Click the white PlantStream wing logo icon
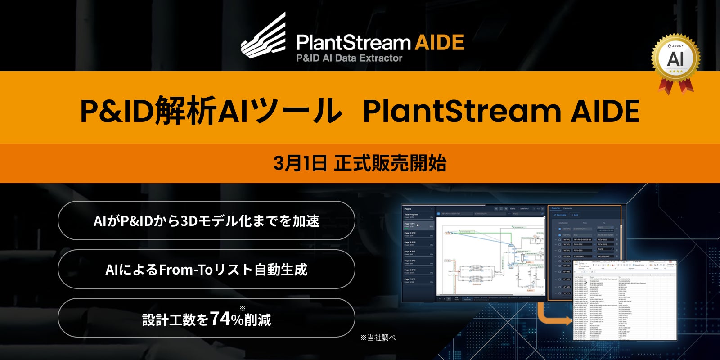pyautogui.click(x=265, y=37)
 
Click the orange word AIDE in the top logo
pyautogui.click(x=439, y=43)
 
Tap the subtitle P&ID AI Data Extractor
pyautogui.click(x=349, y=58)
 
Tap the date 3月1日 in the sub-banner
pyautogui.click(x=300, y=163)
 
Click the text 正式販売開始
pyautogui.click(x=391, y=163)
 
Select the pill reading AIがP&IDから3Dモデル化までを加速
pyautogui.click(x=207, y=220)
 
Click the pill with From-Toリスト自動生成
pyautogui.click(x=207, y=269)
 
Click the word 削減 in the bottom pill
pyautogui.click(x=258, y=319)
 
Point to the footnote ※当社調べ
pyautogui.click(x=378, y=337)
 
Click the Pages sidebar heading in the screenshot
pyautogui.click(x=408, y=209)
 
